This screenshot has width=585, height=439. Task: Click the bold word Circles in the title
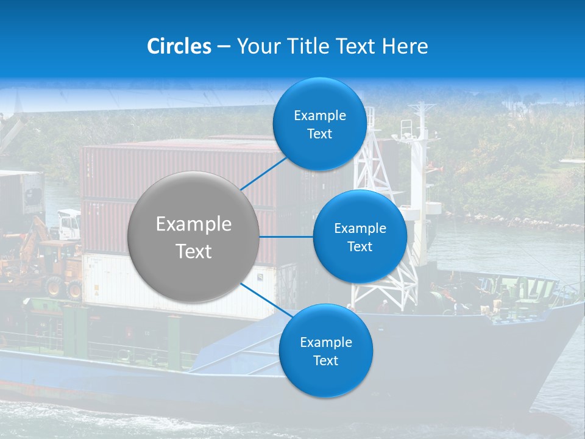(179, 46)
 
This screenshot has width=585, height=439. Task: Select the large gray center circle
(194, 237)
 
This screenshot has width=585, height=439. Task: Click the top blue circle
(319, 124)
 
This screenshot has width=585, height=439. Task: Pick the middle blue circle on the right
(360, 237)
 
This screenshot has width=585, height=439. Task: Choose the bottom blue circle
(325, 351)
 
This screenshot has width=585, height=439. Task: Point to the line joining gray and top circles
(264, 173)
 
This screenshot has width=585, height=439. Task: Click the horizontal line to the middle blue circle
(286, 237)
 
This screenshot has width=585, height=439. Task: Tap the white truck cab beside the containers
(68, 224)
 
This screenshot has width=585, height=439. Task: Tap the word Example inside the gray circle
(194, 224)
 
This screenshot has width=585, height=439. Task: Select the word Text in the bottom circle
(325, 360)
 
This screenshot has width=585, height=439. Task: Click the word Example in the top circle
(319, 115)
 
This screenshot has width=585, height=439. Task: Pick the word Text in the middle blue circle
(360, 246)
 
